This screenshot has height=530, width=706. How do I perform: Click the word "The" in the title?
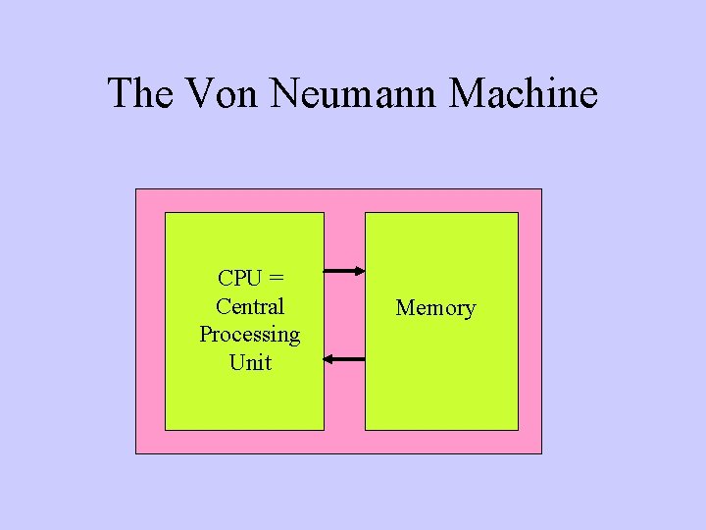pos(138,94)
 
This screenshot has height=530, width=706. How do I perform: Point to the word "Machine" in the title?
pos(524,94)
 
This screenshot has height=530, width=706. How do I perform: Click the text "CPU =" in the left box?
pos(250,279)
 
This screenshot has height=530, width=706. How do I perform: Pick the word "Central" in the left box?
pos(250,306)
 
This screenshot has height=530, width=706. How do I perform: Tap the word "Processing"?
pos(250,334)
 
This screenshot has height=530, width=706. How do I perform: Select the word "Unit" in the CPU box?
pos(250,362)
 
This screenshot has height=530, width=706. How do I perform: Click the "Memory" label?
pos(435,308)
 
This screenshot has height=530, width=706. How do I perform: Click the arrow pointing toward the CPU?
pos(344,360)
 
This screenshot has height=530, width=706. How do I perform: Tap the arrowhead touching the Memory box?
pos(360,272)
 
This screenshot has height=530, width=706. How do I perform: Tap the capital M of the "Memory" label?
pos(404,308)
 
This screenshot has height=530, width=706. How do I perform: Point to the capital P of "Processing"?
pos(206,334)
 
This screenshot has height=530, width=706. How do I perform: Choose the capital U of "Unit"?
pos(236,362)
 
